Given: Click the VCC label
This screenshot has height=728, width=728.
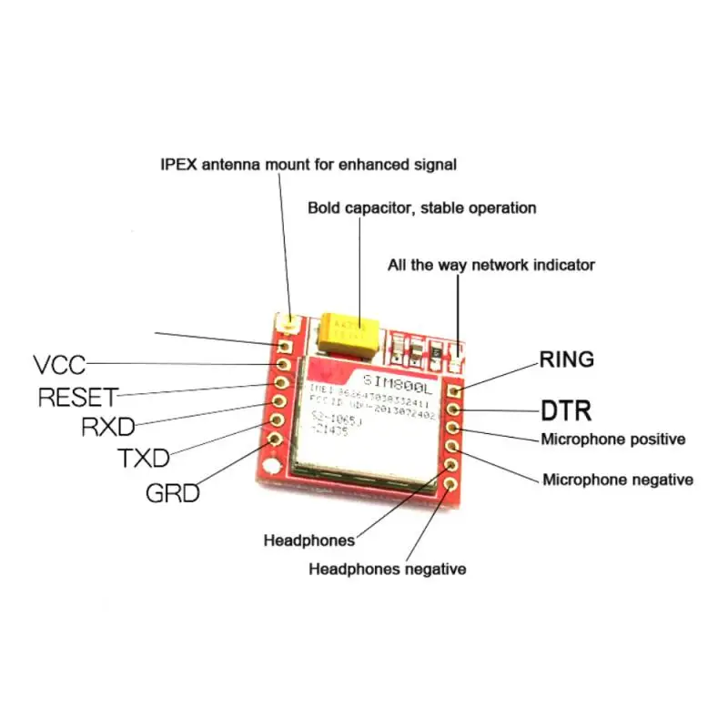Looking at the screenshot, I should (x=59, y=365).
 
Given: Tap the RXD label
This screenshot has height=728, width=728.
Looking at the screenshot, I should (x=108, y=427).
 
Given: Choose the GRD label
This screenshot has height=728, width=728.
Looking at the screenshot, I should (x=173, y=493).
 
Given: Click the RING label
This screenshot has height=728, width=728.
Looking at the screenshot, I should (x=566, y=359).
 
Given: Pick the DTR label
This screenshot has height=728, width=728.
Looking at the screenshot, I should (x=566, y=410).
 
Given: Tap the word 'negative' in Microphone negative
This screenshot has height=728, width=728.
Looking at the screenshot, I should (x=660, y=480).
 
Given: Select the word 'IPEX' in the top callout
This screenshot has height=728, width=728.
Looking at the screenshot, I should (x=177, y=165).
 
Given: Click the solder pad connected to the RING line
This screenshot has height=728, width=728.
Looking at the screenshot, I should (x=455, y=391).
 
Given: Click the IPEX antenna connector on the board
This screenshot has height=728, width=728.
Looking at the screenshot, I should (x=290, y=322).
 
